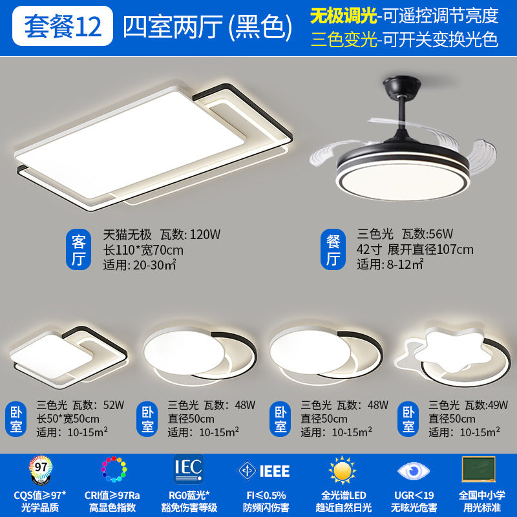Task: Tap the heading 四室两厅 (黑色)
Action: click(x=203, y=25)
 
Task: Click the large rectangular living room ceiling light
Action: click(x=152, y=142)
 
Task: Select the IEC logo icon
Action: click(x=189, y=468)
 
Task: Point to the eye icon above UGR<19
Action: click(x=411, y=470)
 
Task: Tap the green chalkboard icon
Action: click(x=479, y=468)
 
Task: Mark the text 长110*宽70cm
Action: click(x=143, y=249)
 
